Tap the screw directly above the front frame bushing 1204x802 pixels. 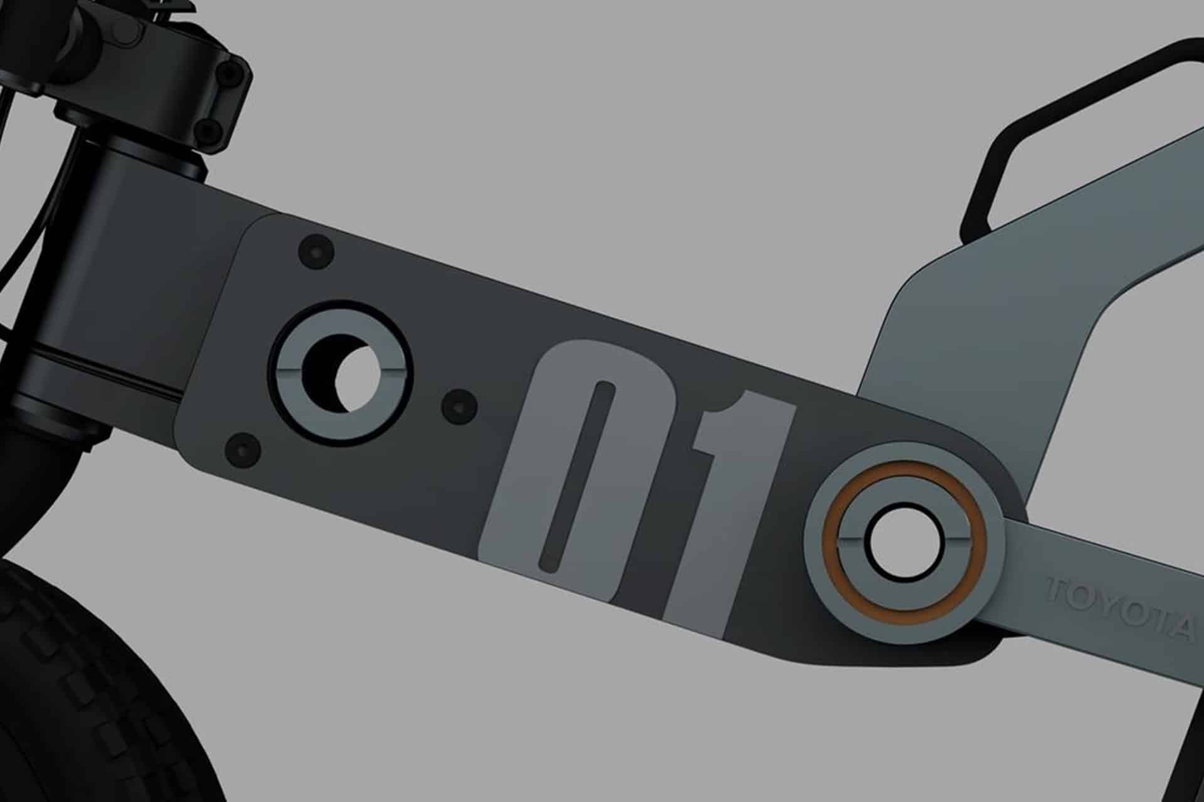click(x=316, y=252)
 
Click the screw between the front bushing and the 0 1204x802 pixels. click(x=459, y=406)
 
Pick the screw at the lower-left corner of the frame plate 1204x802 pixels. click(x=243, y=449)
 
